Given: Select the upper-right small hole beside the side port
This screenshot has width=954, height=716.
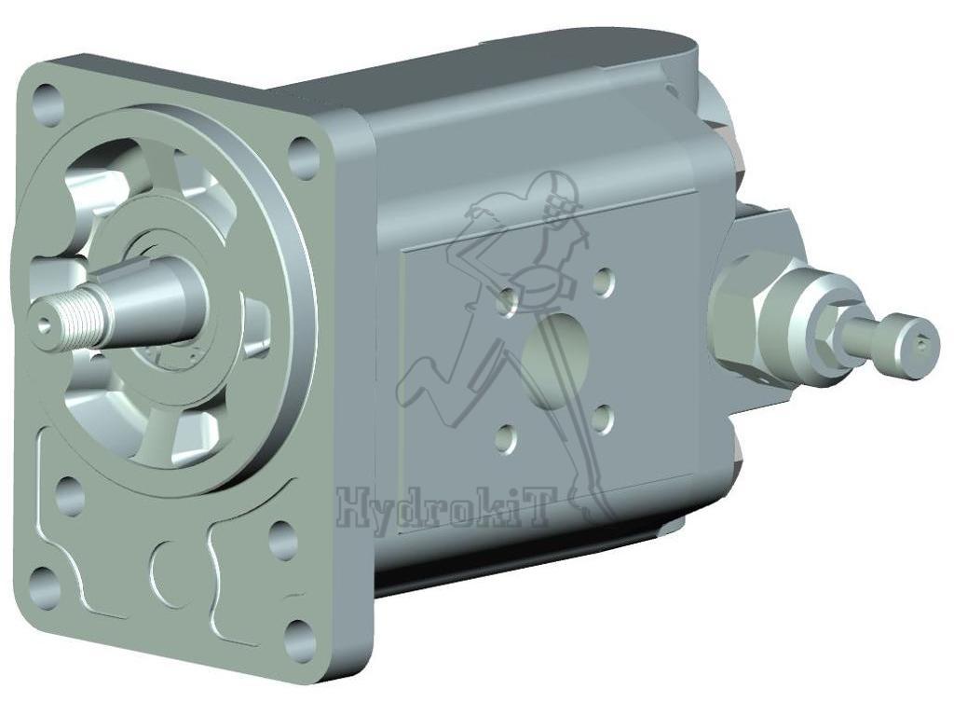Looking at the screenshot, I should point(604,281).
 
